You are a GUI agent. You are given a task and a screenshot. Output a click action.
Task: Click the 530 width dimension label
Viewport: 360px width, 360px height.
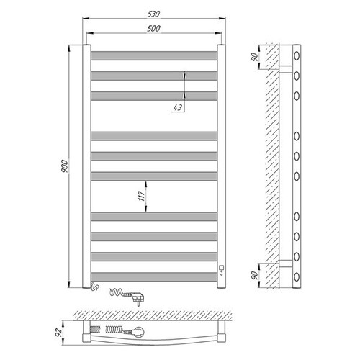pos(153,14)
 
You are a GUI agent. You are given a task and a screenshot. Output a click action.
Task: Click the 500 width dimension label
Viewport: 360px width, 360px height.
pos(153,29)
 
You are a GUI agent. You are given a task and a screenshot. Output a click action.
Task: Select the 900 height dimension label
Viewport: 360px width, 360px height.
pos(65,166)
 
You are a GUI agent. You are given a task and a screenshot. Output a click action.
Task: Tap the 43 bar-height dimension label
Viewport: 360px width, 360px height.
pos(178,107)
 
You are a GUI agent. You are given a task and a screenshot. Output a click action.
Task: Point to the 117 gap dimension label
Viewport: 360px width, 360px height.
pos(142,197)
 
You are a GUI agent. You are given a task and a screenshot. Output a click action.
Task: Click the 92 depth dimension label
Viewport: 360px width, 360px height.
pos(58,333)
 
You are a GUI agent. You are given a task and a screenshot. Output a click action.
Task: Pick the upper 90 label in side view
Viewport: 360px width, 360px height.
pos(254,57)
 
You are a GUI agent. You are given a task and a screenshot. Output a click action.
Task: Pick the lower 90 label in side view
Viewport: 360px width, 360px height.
pos(254,275)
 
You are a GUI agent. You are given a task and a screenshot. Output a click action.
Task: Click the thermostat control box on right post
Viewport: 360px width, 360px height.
pos(222,267)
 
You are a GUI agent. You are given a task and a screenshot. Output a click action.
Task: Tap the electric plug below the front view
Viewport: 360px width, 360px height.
pos(136,298)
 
